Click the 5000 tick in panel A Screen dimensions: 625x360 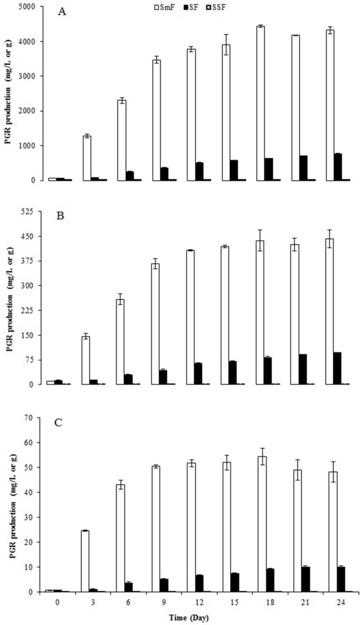[x=30, y=7]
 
